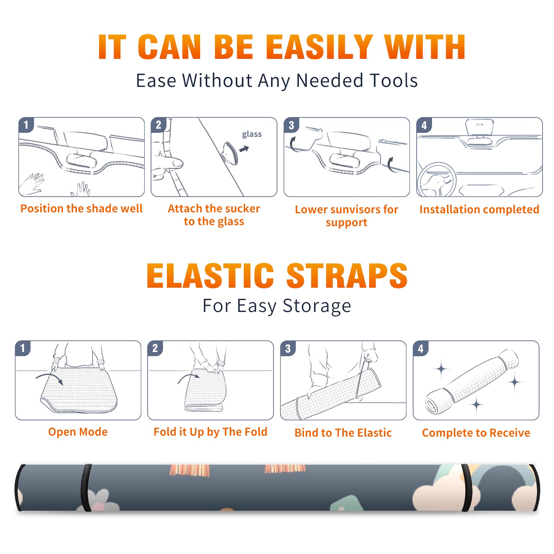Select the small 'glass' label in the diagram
coord(252,134)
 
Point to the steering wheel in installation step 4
coord(436,180)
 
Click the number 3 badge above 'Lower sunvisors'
coord(291,125)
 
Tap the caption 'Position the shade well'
coord(81,208)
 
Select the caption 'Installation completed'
coord(479,209)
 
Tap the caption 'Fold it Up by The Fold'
coord(211,432)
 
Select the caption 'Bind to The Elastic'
coord(343,432)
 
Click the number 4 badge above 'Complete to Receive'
coord(421,348)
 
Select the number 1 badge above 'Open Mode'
coord(23,348)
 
